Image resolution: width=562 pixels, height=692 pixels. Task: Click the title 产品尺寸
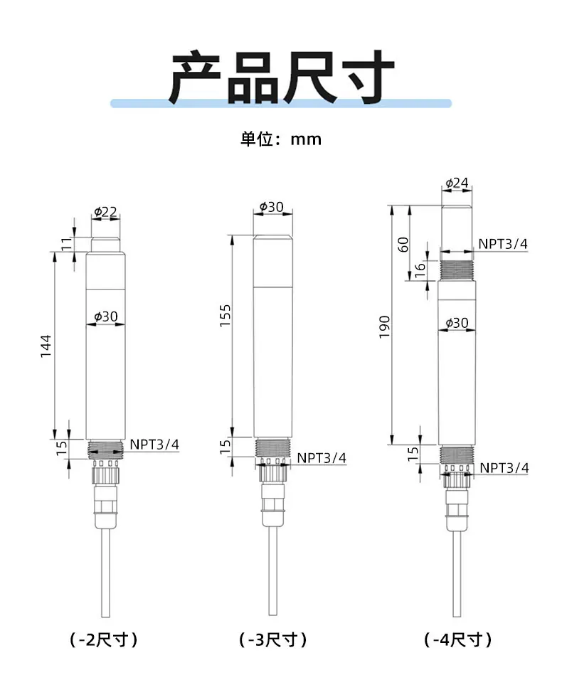tap(281, 78)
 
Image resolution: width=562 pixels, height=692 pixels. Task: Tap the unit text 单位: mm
tap(281, 139)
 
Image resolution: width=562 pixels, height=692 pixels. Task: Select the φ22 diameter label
tap(105, 212)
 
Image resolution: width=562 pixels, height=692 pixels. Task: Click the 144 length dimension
tap(46, 346)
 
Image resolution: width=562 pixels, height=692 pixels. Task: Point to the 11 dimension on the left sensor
tap(66, 244)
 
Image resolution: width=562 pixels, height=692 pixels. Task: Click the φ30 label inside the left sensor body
tap(105, 316)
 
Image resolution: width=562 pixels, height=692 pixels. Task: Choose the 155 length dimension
tap(225, 315)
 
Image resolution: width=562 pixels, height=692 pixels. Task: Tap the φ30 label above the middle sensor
tap(272, 207)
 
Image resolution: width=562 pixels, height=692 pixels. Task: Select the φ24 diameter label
tap(457, 183)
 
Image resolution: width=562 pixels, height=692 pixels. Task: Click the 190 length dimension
tap(385, 326)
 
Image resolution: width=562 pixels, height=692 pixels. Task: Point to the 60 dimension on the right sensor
tap(403, 244)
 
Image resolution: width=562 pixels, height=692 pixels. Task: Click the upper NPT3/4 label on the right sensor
tap(503, 244)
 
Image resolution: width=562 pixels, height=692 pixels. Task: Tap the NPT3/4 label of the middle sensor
tap(322, 457)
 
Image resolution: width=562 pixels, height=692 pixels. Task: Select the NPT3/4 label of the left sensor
tap(154, 445)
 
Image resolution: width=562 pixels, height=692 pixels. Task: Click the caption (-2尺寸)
tap(104, 639)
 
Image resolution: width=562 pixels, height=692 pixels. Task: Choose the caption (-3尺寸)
tap(273, 639)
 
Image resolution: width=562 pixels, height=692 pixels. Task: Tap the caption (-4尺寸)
tap(458, 639)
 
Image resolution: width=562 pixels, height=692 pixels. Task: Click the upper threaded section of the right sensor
tap(457, 270)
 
